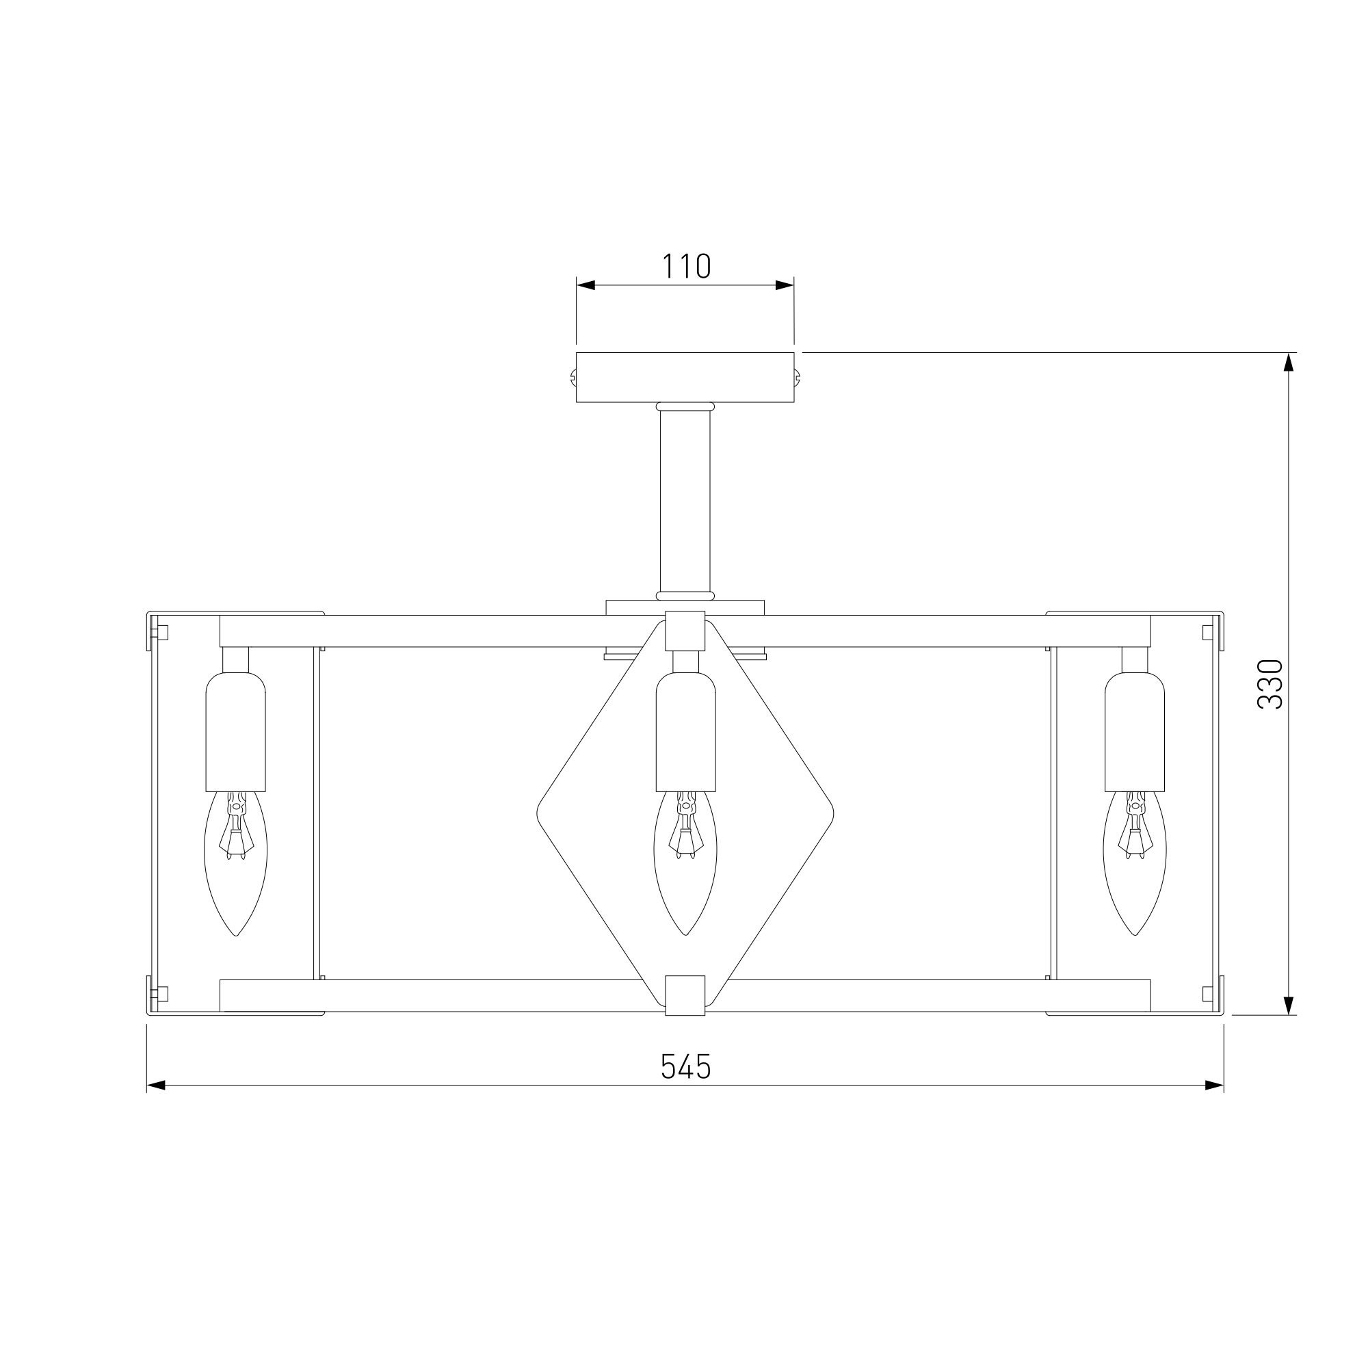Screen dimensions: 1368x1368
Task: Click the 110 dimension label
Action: (x=686, y=266)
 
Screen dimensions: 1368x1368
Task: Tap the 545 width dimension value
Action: (x=685, y=1066)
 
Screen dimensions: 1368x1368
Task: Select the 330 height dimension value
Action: (x=1270, y=684)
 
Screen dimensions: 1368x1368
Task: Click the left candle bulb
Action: (x=236, y=863)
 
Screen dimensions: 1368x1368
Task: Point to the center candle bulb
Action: (x=685, y=863)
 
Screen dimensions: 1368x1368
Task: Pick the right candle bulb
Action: (x=1135, y=863)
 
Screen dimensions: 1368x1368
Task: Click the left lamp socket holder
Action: (x=236, y=731)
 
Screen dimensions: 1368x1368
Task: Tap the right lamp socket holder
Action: (x=1135, y=731)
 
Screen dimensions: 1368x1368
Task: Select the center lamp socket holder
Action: (x=685, y=731)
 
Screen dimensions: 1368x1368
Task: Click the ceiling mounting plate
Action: (x=685, y=378)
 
